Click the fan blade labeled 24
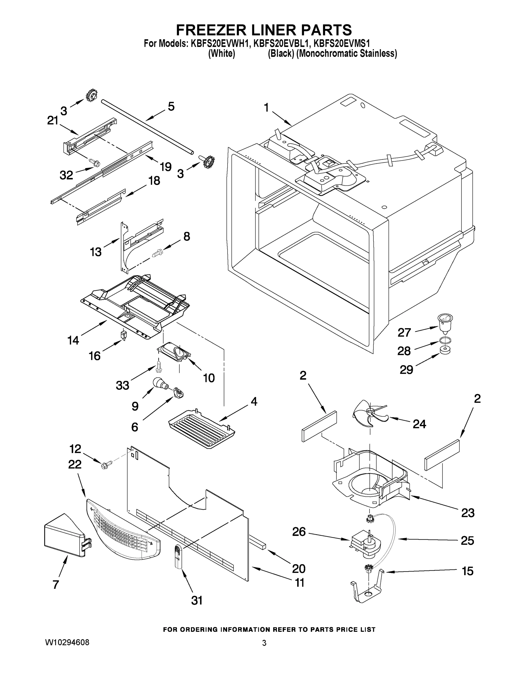point(368,413)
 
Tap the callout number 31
point(197,600)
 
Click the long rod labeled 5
point(147,126)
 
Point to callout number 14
point(73,340)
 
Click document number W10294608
point(67,643)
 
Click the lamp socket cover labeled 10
point(175,353)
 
